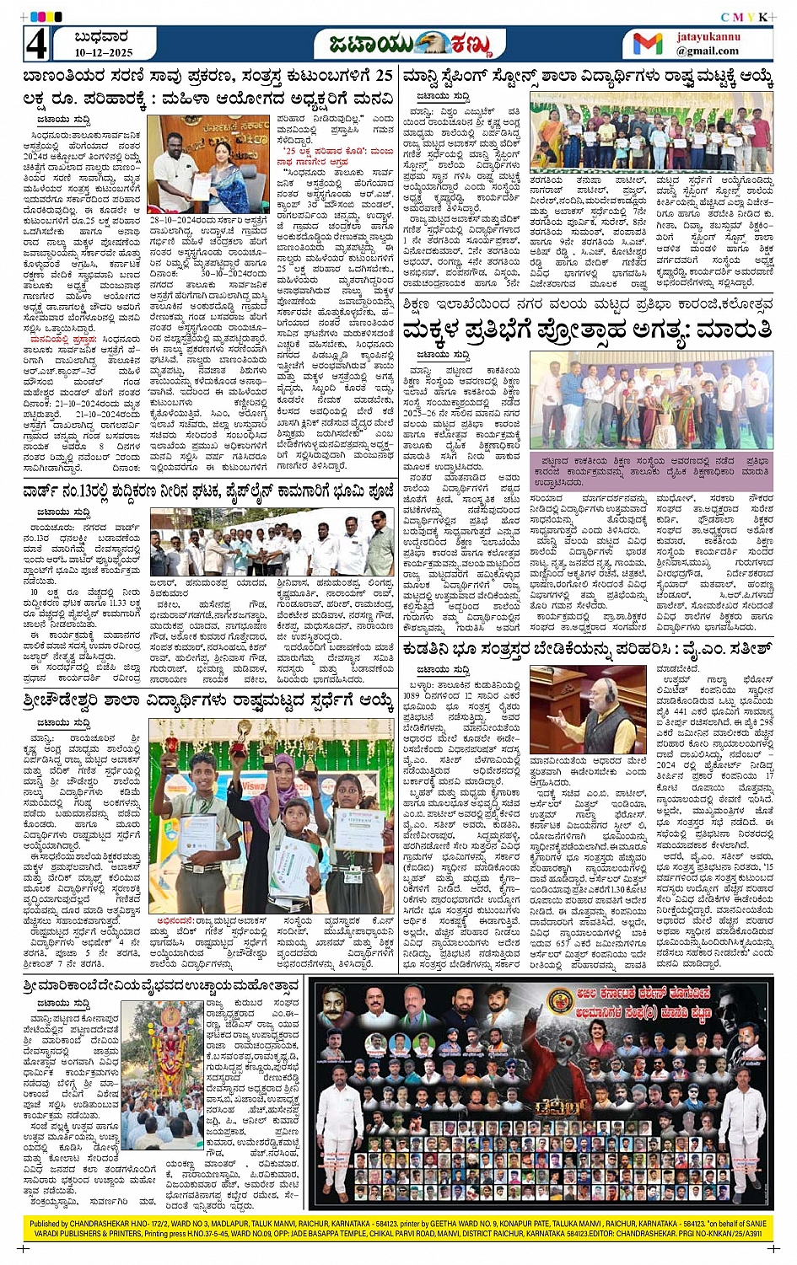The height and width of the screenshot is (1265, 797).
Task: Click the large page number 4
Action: coord(35,45)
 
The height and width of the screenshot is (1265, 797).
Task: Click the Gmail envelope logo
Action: coord(648,44)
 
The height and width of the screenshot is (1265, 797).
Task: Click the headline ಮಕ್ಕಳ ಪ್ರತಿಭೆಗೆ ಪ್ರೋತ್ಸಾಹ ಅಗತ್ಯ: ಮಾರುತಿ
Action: coord(587,330)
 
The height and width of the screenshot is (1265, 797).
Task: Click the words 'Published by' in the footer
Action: coord(50,1224)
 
